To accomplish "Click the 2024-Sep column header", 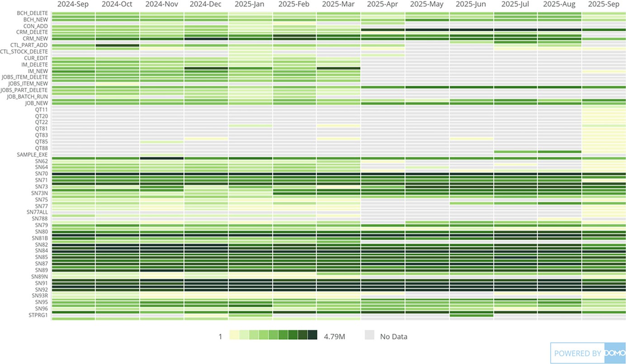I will pyautogui.click(x=73, y=5).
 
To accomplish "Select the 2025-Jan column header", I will pyautogui.click(x=250, y=5).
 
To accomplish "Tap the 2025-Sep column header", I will pyautogui.click(x=603, y=5).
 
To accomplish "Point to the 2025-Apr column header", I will pyautogui.click(x=382, y=5).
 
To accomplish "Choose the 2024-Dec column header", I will pyautogui.click(x=205, y=5).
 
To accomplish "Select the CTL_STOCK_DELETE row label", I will pyautogui.click(x=24, y=52).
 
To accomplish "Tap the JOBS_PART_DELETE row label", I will pyautogui.click(x=25, y=90).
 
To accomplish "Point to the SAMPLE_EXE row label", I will pyautogui.click(x=32, y=154).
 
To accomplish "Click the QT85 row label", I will pyautogui.click(x=41, y=142).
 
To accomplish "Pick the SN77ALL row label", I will pyautogui.click(x=37, y=212).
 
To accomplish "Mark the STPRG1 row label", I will pyautogui.click(x=38, y=315).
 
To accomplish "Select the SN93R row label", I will pyautogui.click(x=39, y=296).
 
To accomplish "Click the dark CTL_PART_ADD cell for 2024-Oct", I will pyautogui.click(x=117, y=46).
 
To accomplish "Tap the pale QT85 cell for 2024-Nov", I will pyautogui.click(x=161, y=142).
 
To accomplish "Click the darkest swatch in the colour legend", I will pyautogui.click(x=313, y=335).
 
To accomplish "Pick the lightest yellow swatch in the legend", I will pyautogui.click(x=234, y=335).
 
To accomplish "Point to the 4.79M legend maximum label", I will pyautogui.click(x=335, y=336).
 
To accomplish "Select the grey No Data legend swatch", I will pyautogui.click(x=370, y=335).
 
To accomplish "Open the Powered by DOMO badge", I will pyautogui.click(x=588, y=353).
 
